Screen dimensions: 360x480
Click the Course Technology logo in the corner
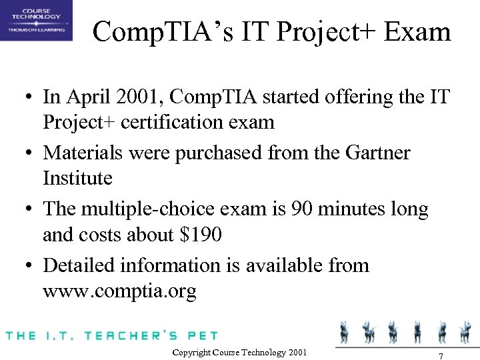tap(36, 21)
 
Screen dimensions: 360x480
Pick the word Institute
tap(78, 178)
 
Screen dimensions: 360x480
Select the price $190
tap(200, 235)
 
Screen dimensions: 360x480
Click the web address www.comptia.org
tap(119, 292)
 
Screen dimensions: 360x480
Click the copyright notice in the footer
tap(239, 352)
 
